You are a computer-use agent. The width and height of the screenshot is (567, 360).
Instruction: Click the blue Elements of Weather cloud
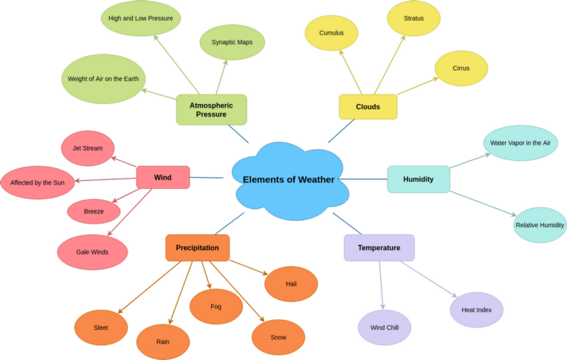point(289,179)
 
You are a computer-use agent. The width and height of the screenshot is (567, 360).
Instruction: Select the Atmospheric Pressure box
point(211,110)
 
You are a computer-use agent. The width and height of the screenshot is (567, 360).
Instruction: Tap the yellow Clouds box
point(368,107)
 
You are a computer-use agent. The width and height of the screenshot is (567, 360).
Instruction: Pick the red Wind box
point(162,178)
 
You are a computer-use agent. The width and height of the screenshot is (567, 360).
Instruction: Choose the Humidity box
point(418,179)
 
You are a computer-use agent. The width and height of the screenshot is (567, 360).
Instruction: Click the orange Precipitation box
point(197,248)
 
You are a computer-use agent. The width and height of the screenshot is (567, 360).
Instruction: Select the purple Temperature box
point(379,248)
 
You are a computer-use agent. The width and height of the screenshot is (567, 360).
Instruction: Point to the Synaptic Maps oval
point(232,42)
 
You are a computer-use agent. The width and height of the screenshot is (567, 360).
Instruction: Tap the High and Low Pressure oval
point(140,18)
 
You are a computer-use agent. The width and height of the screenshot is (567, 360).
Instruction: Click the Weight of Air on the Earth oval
point(103,79)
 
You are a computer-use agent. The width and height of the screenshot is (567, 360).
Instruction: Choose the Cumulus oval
point(331,33)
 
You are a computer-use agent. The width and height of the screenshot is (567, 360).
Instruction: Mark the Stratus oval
point(413,18)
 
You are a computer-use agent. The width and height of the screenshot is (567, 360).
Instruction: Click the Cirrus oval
point(461,69)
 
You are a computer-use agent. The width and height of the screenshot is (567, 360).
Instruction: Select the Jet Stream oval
point(88,148)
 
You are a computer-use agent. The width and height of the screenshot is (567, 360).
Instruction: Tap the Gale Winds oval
point(92,252)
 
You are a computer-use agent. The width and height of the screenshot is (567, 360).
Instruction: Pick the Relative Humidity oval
point(540,225)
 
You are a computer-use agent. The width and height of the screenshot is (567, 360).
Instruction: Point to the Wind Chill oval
point(385,328)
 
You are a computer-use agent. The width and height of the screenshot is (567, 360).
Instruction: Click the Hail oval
point(291,284)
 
